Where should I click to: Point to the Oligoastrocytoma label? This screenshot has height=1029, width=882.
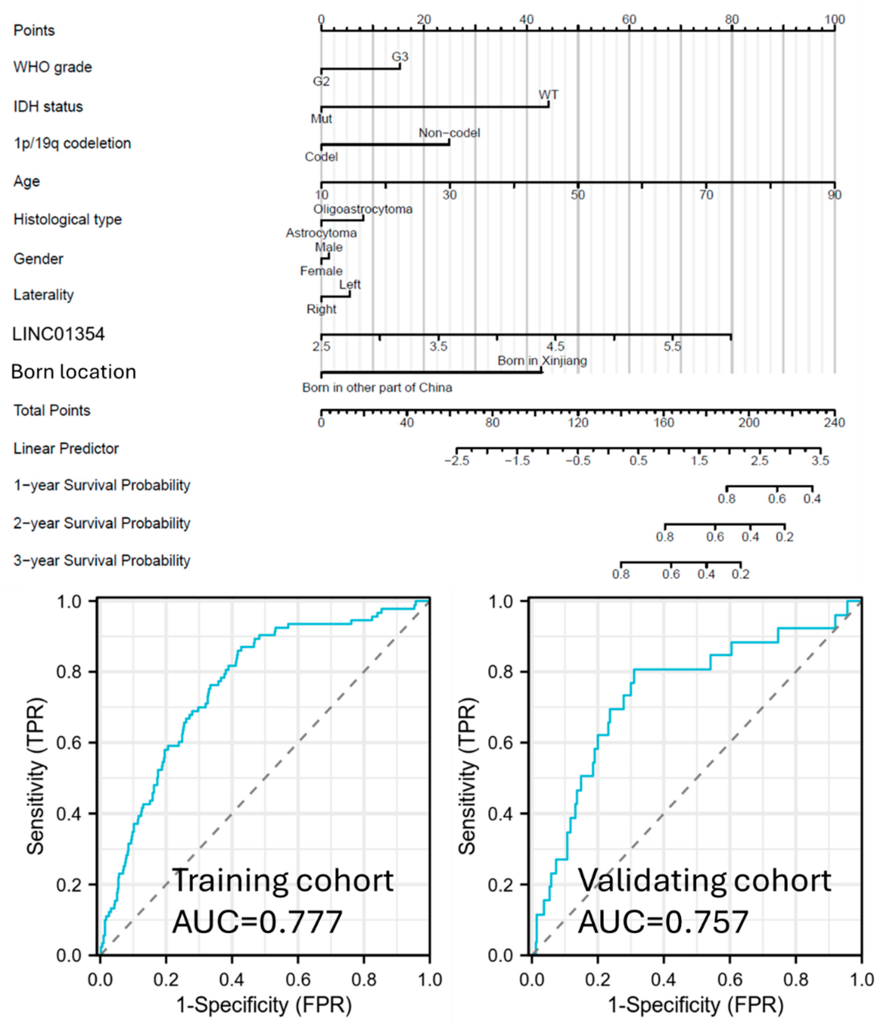pyautogui.click(x=363, y=209)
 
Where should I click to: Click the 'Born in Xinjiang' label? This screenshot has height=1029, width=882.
pyautogui.click(x=542, y=361)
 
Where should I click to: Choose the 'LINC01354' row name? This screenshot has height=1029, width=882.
pyautogui.click(x=58, y=334)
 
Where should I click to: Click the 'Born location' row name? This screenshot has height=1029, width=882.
pyautogui.click(x=73, y=372)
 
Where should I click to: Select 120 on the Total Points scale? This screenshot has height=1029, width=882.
pyautogui.click(x=578, y=423)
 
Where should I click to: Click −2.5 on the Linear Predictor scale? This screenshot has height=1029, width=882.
pyautogui.click(x=456, y=461)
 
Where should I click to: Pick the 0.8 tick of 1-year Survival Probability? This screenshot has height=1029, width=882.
pyautogui.click(x=726, y=499)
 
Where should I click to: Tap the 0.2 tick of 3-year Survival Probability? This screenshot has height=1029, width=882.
pyautogui.click(x=740, y=574)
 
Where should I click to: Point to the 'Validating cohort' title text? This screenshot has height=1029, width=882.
pyautogui.click(x=704, y=880)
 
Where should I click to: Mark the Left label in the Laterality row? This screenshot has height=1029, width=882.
pyautogui.click(x=350, y=285)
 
